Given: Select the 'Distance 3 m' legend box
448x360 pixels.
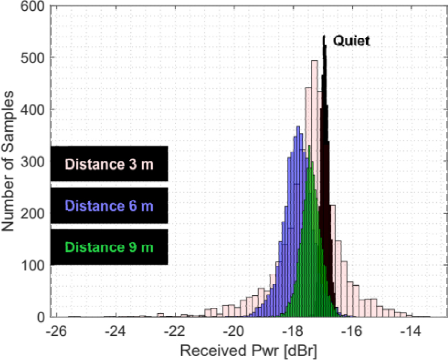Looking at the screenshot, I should [109, 164].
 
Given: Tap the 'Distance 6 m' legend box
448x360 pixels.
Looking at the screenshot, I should [109, 205].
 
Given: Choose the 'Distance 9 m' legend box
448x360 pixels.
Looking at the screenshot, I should [109, 247].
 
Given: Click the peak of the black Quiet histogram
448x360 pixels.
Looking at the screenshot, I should [324, 38].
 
